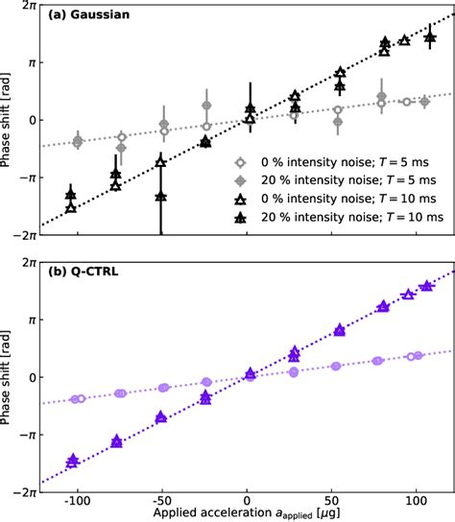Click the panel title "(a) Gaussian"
pos(85,16)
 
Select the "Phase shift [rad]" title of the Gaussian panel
pos(8,120)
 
